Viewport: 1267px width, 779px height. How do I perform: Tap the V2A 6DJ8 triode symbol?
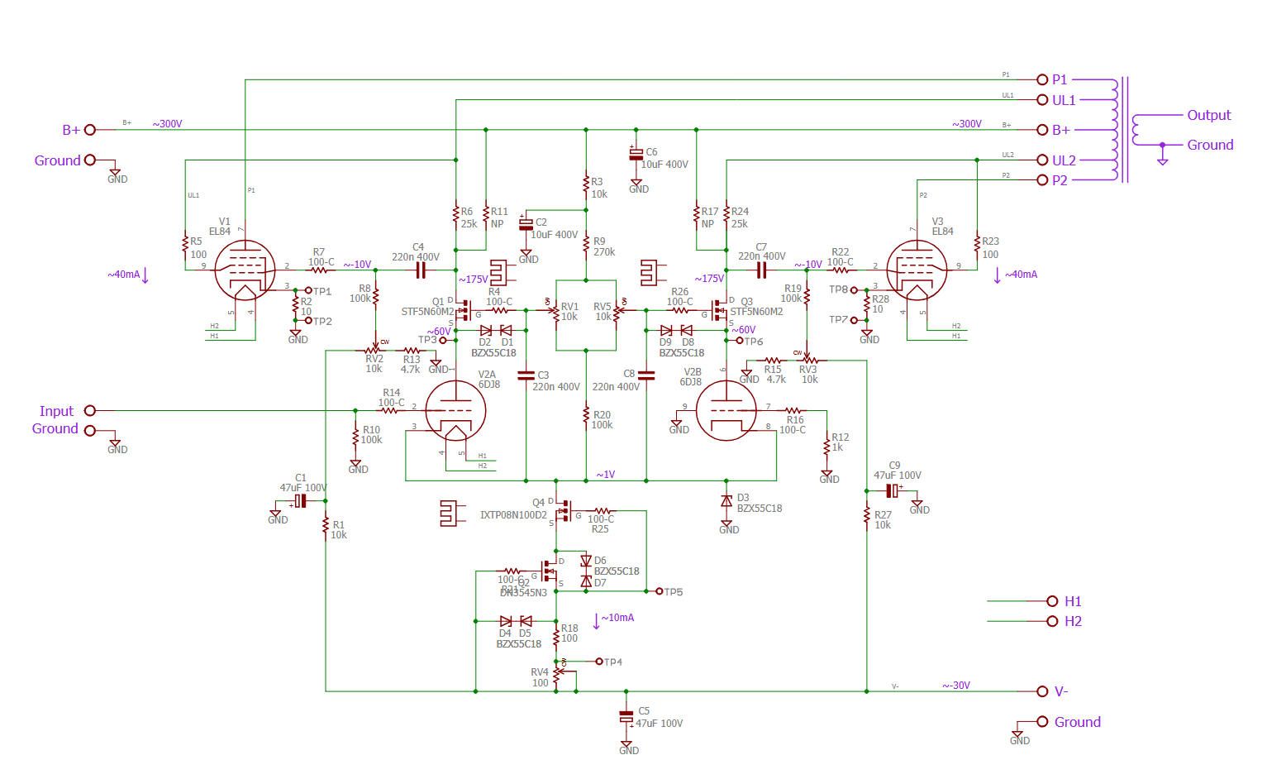point(455,411)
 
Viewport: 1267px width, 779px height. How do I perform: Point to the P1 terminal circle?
point(1042,79)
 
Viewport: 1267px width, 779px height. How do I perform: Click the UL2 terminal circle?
point(1042,160)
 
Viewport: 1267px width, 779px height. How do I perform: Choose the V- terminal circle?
point(1042,691)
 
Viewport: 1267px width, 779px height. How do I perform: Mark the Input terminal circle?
point(90,410)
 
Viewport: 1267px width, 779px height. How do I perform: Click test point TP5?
point(659,591)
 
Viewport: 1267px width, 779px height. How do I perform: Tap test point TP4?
point(599,662)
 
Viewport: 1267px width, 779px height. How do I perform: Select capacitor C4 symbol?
point(420,270)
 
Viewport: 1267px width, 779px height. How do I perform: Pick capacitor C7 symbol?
point(761,270)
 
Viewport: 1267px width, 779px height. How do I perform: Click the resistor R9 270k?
point(586,246)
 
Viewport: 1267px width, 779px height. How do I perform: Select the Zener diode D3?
point(726,500)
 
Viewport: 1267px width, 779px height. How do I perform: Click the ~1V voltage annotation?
point(606,475)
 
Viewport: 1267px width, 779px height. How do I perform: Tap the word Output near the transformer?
point(1208,115)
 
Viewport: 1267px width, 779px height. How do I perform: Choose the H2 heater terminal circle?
point(1052,621)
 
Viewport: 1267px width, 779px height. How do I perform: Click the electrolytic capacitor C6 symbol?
point(636,155)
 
